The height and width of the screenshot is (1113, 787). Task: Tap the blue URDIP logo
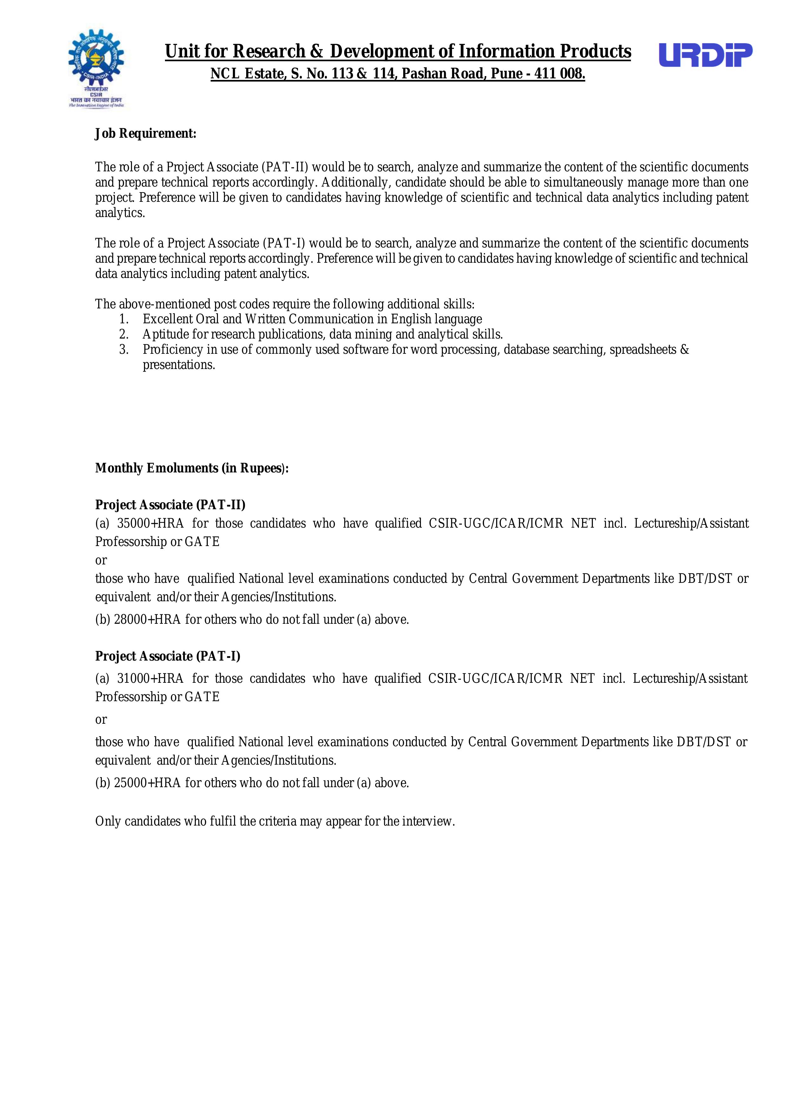tap(705, 55)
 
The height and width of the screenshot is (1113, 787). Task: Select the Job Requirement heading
tap(145, 134)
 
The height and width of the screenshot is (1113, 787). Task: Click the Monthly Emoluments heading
tap(191, 468)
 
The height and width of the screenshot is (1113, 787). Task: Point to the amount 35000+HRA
tap(150, 524)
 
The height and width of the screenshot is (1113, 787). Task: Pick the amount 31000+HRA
tap(150, 679)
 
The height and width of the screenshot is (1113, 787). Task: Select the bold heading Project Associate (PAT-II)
tap(170, 505)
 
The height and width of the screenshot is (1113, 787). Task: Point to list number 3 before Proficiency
tap(124, 350)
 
